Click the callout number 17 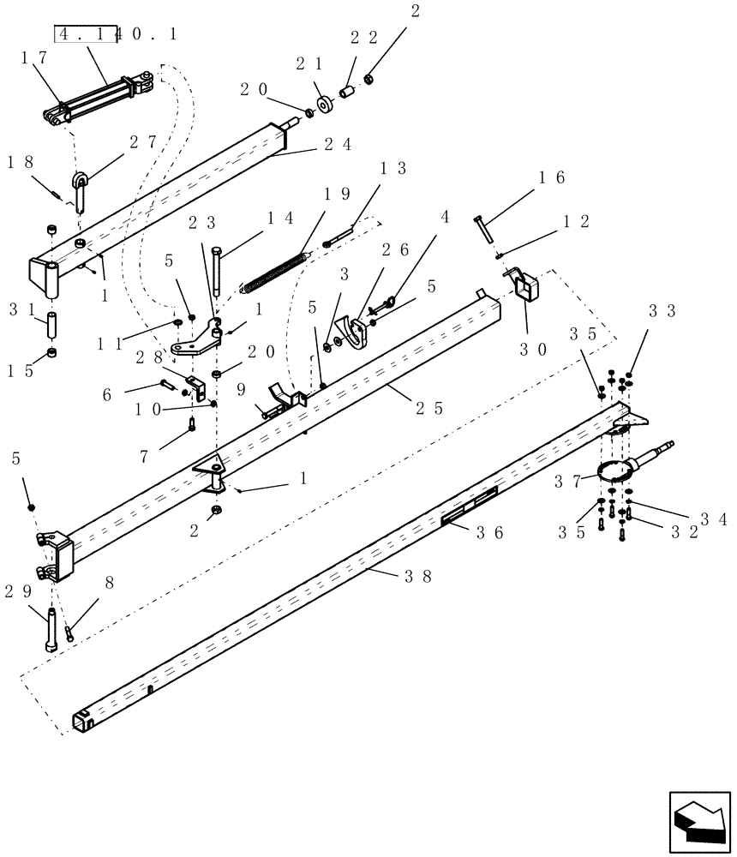[33, 58]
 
